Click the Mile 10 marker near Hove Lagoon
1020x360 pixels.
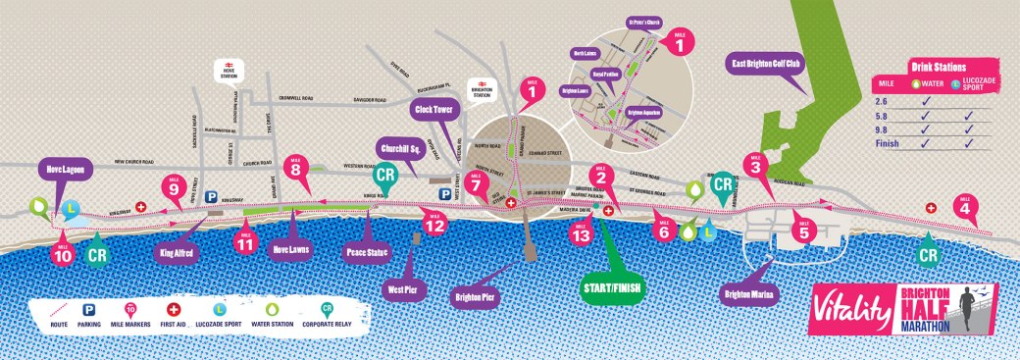(62, 254)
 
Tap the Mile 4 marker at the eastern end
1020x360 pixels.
(964, 206)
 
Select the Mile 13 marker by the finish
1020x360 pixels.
(582, 233)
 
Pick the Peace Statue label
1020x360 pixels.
(369, 252)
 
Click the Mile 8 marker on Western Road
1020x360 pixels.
(295, 168)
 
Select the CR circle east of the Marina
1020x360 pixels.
(927, 255)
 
